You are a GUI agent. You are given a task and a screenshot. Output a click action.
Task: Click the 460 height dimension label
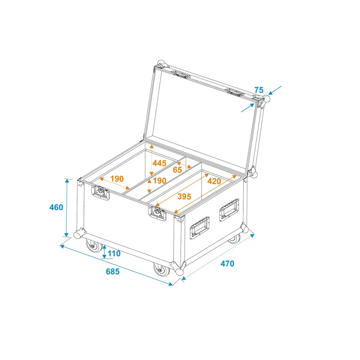(x=56, y=207)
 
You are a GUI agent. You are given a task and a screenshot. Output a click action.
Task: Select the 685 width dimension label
(x=113, y=271)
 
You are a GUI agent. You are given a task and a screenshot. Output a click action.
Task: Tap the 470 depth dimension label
(x=227, y=264)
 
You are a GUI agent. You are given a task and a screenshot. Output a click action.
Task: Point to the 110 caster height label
(x=114, y=253)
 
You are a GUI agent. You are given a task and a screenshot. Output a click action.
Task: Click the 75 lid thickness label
(x=259, y=90)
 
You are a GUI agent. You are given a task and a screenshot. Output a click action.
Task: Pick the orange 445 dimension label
(x=159, y=163)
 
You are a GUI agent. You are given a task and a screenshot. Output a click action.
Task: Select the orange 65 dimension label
(x=177, y=170)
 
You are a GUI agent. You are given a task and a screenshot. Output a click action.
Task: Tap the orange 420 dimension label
(x=214, y=181)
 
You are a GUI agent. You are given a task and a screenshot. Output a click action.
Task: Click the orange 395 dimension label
(x=184, y=197)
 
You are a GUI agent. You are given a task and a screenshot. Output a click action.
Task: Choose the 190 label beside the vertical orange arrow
(x=159, y=181)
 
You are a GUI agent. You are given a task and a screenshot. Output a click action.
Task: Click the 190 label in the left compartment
(x=117, y=179)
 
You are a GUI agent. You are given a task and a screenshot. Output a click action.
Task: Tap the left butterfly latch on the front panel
(x=100, y=192)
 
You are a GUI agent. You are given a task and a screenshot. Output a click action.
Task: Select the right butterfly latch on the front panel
(x=157, y=213)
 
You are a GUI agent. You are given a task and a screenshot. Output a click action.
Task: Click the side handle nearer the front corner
(x=199, y=228)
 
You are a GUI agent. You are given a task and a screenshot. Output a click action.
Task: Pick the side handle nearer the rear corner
(x=229, y=210)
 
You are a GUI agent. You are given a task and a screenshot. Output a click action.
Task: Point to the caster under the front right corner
(x=161, y=270)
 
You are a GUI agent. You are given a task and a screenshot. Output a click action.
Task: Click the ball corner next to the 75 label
(x=266, y=99)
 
